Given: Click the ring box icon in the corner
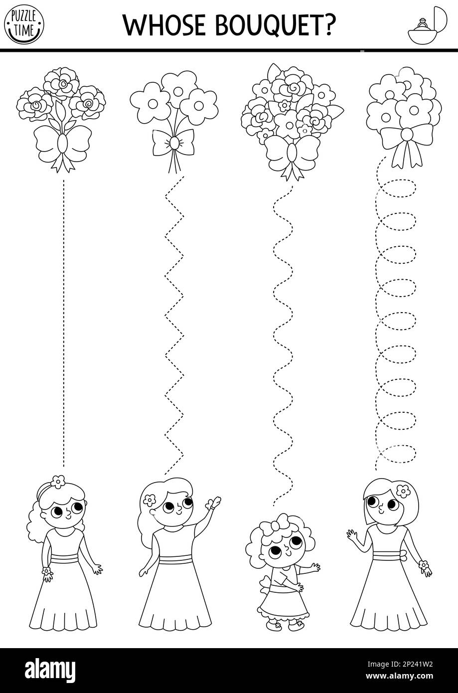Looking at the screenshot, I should tap(426, 25).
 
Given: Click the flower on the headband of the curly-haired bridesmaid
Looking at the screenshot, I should tap(58, 481).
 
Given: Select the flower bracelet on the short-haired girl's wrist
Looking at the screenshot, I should tap(424, 565).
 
